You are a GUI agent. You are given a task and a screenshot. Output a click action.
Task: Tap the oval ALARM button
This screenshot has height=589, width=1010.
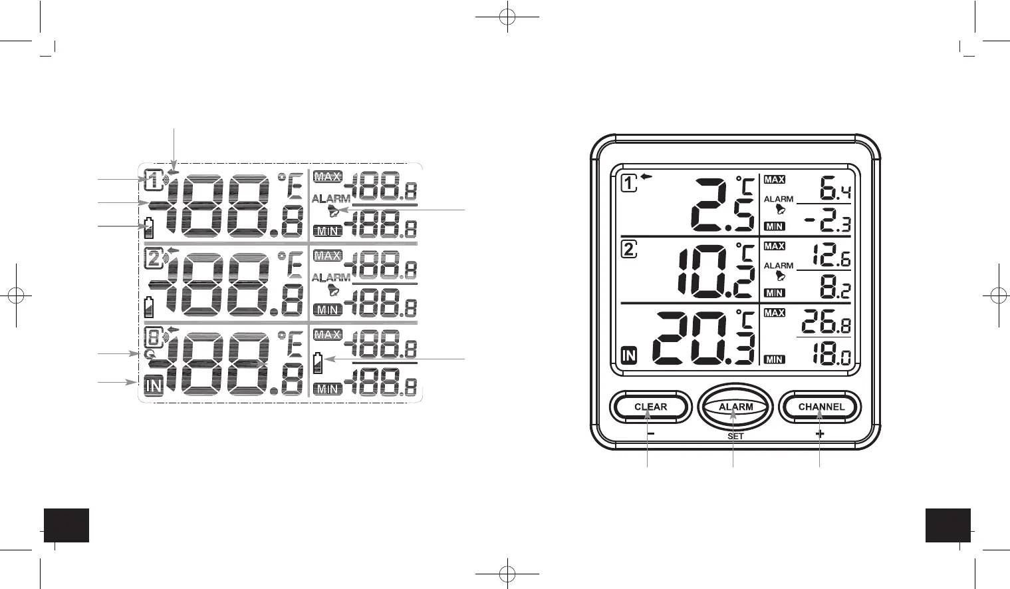pyautogui.click(x=735, y=407)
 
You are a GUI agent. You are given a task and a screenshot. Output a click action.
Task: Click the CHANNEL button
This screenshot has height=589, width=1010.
pyautogui.click(x=821, y=407)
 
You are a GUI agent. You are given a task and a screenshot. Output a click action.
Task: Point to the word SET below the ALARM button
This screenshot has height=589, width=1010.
pyautogui.click(x=735, y=436)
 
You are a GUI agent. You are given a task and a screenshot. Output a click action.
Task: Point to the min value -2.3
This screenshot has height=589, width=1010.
pyautogui.click(x=828, y=222)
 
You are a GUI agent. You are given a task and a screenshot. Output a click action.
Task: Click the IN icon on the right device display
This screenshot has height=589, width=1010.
pyautogui.click(x=628, y=356)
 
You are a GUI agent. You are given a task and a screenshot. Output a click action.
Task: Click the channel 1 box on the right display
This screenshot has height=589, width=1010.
pyautogui.click(x=629, y=182)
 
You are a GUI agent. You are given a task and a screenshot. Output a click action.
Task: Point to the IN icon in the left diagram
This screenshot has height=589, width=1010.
pyautogui.click(x=154, y=385)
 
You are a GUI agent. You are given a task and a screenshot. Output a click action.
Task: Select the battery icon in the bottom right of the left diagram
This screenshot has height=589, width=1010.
pyautogui.click(x=318, y=362)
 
